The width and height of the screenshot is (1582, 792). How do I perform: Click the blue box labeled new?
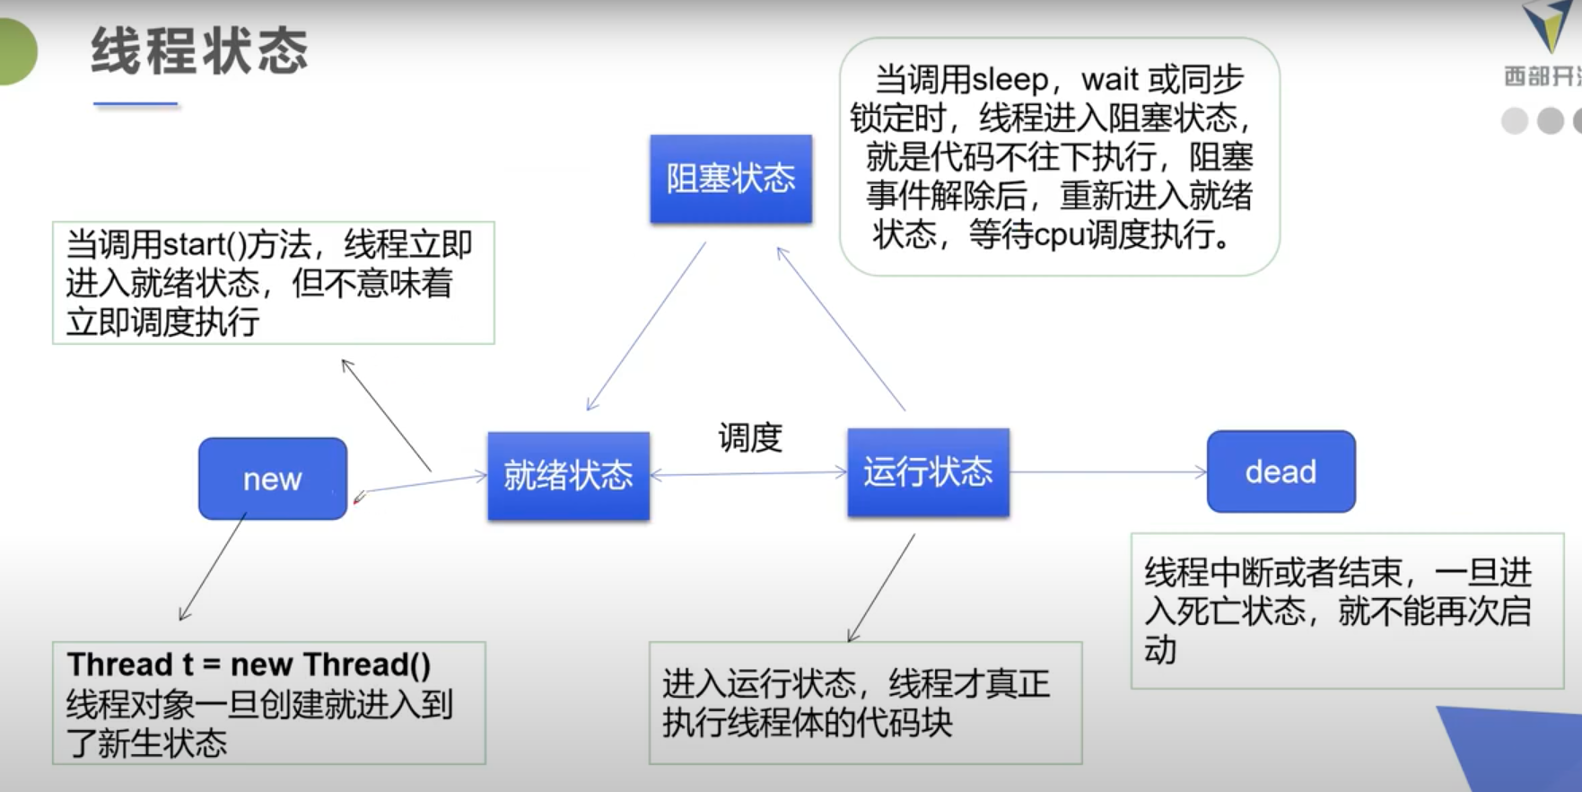tap(273, 479)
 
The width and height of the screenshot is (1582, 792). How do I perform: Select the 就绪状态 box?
tap(569, 476)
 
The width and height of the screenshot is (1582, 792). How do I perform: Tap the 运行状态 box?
tap(929, 472)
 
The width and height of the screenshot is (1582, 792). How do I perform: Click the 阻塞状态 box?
tap(731, 179)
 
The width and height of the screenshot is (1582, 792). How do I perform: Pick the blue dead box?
tap(1281, 471)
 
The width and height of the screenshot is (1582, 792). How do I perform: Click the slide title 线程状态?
tap(200, 50)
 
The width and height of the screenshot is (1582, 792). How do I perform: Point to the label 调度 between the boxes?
tap(750, 438)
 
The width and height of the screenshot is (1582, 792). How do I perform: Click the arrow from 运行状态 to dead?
tap(1109, 471)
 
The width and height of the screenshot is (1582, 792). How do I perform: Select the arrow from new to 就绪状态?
tap(422, 485)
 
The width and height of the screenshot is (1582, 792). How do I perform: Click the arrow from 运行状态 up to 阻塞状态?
tap(841, 329)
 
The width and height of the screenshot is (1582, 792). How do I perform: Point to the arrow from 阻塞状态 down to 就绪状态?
tap(646, 327)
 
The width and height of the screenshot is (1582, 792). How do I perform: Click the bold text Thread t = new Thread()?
tap(249, 664)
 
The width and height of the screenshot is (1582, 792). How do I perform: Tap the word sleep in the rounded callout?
tap(1010, 80)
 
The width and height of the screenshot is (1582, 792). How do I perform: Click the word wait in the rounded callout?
tap(1110, 80)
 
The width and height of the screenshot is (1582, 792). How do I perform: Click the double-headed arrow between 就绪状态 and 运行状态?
tap(748, 473)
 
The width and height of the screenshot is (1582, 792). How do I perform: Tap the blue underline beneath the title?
tap(135, 104)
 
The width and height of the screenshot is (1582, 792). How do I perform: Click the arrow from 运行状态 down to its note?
tap(881, 588)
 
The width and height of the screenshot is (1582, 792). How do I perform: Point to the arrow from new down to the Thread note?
tap(213, 567)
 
